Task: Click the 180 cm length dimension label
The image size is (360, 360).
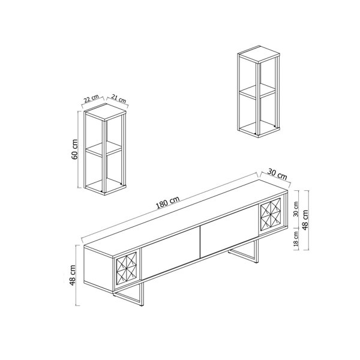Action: click(167, 203)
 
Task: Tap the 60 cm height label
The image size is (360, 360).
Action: click(74, 149)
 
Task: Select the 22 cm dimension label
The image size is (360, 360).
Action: click(91, 98)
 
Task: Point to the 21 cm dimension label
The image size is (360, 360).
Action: click(119, 98)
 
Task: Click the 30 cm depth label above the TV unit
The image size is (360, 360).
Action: click(277, 174)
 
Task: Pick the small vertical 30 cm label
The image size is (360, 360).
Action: click(296, 209)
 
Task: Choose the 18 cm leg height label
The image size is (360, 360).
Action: click(296, 239)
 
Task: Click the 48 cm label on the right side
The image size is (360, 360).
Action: click(305, 220)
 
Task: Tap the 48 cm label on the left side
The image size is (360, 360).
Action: click(73, 275)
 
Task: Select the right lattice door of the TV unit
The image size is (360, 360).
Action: click(271, 215)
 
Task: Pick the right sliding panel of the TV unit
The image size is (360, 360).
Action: click(230, 232)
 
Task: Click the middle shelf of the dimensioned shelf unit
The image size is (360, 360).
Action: click(104, 149)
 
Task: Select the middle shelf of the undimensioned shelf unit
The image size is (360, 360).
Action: click(257, 91)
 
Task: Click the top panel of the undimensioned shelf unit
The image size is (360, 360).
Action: click(259, 54)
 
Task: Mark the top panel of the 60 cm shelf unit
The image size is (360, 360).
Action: click(105, 112)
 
